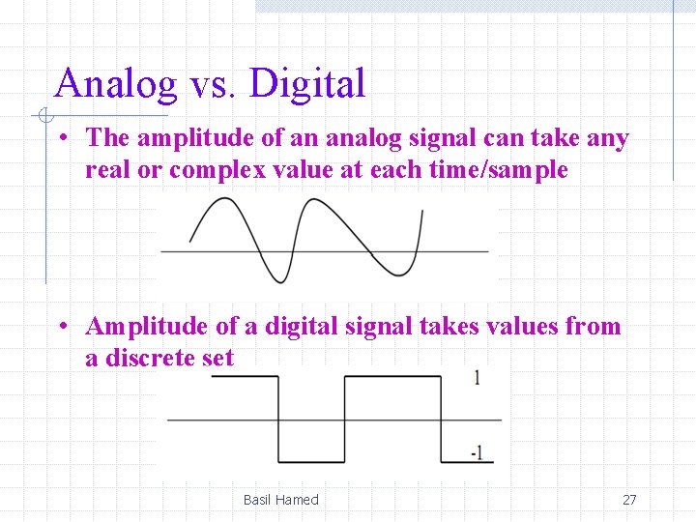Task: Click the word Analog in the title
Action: tap(116, 84)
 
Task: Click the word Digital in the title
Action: tap(306, 84)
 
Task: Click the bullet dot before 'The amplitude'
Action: tap(61, 138)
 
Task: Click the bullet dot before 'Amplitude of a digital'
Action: tap(61, 326)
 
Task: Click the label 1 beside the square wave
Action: tap(477, 378)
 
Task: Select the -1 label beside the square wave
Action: tap(476, 452)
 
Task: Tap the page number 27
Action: tap(629, 500)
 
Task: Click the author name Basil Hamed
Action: tap(280, 500)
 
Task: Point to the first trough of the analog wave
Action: tap(277, 281)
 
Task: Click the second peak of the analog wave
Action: tap(313, 200)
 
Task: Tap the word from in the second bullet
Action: tap(594, 327)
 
